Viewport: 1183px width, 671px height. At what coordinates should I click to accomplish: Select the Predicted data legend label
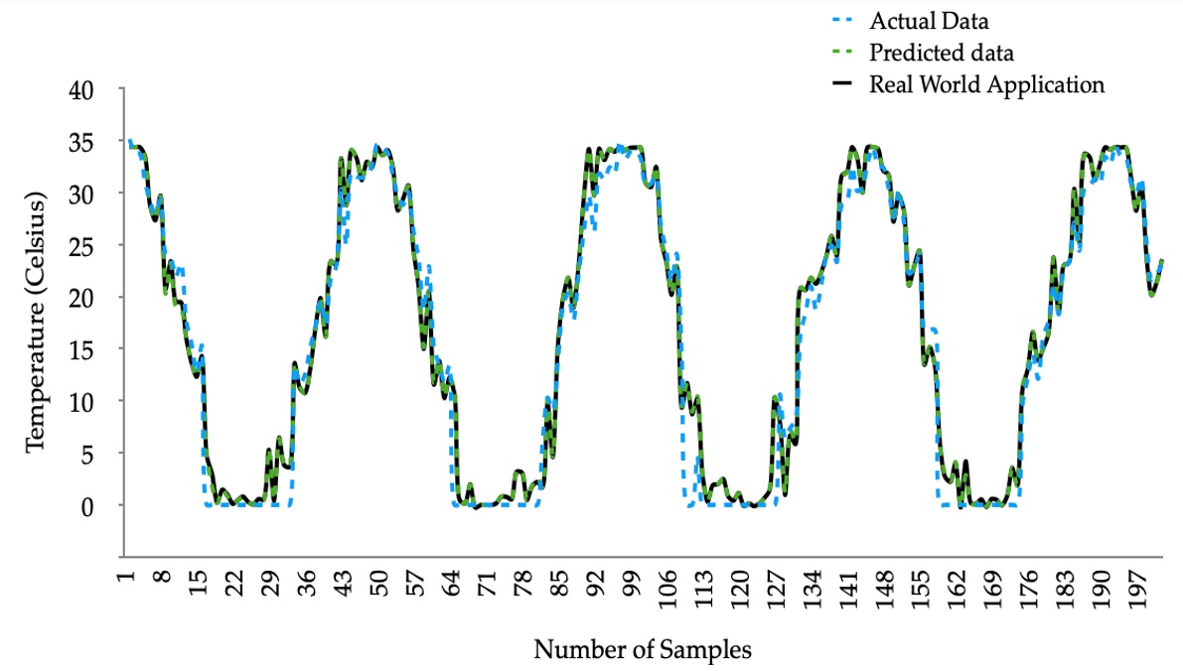[942, 52]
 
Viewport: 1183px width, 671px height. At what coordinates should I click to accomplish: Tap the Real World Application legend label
[986, 84]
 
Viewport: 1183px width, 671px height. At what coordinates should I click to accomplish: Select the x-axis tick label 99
[630, 584]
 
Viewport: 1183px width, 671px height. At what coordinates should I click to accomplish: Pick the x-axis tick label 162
[951, 589]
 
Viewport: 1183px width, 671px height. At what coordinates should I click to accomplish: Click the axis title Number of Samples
[643, 650]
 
